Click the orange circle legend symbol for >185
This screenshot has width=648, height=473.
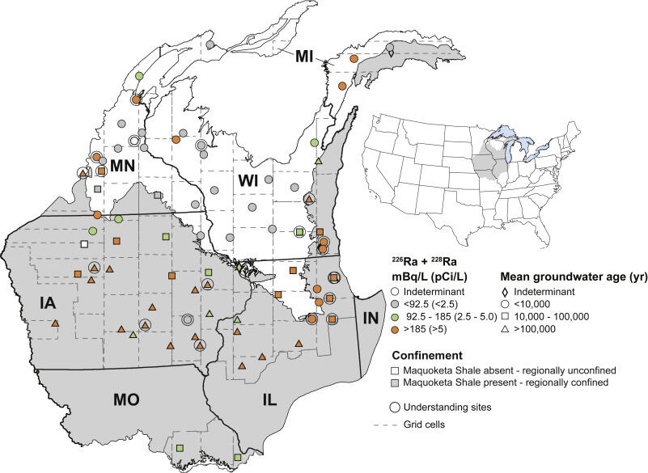tap(397, 329)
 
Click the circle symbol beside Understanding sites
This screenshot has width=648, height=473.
tap(398, 408)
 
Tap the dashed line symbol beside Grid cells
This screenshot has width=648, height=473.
tap(398, 424)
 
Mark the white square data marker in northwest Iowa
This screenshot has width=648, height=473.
tap(83, 243)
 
